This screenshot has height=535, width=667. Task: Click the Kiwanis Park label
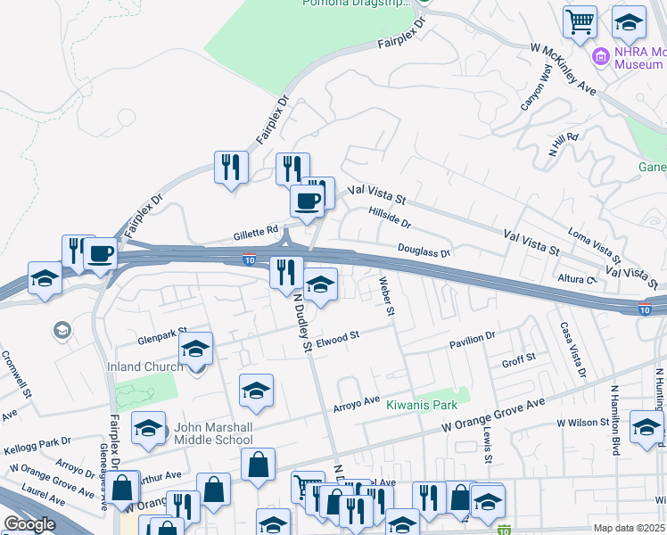(428, 404)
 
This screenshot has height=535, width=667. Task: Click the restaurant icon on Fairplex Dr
(231, 167)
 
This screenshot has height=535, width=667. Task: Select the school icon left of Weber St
(321, 285)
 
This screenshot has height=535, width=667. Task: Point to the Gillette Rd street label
(255, 231)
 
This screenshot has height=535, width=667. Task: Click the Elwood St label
(337, 337)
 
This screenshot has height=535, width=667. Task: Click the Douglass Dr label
(424, 252)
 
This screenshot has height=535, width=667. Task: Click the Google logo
(29, 524)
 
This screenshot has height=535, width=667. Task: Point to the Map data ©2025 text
(628, 528)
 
